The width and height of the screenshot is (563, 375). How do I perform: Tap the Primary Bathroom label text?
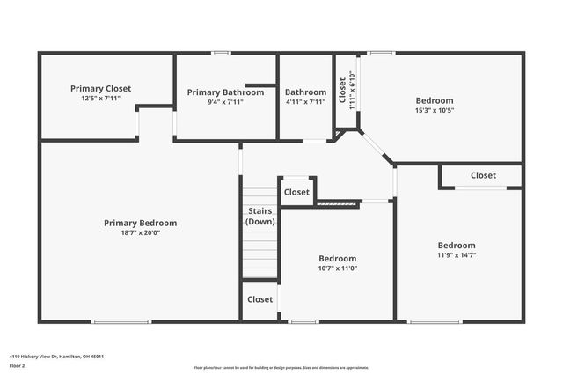click(225, 92)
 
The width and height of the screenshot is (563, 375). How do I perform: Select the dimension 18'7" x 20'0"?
click(140, 232)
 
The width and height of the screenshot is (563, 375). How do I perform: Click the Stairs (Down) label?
click(260, 217)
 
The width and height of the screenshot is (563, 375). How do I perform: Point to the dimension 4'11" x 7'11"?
click(305, 102)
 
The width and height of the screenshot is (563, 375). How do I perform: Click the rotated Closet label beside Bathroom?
click(343, 89)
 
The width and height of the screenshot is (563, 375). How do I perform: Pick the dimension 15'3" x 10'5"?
click(435, 111)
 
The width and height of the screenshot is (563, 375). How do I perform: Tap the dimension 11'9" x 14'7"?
click(457, 255)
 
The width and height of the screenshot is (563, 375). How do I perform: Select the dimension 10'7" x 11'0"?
click(337, 268)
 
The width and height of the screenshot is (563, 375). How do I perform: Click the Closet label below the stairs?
click(260, 299)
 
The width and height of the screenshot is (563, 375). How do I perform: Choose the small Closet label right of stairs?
click(296, 192)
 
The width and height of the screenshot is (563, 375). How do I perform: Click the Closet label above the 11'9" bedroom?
click(483, 175)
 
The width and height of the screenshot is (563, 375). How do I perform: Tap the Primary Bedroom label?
click(140, 223)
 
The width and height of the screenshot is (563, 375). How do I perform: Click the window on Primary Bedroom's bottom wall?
click(115, 321)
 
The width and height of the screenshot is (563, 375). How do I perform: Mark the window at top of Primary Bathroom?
click(221, 53)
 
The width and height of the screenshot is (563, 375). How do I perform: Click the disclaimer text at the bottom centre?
click(281, 367)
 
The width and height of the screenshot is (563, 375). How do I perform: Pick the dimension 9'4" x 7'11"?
click(225, 102)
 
